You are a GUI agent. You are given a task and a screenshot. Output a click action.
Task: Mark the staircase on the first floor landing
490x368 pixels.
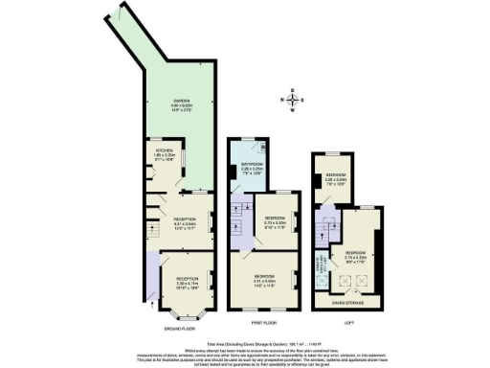tap(237, 226)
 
